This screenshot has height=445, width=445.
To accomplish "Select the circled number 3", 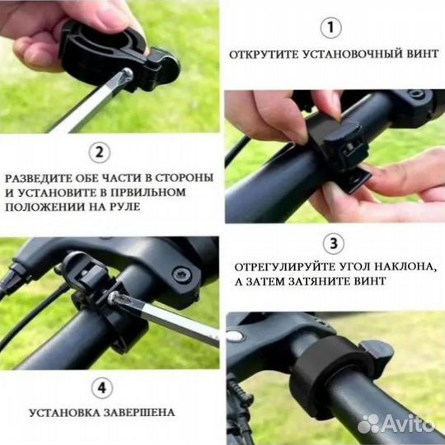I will [x=331, y=244].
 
